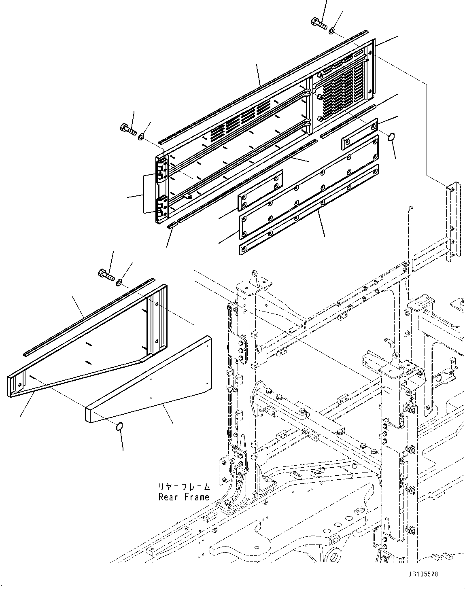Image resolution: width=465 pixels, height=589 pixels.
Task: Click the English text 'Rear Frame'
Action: (x=184, y=497)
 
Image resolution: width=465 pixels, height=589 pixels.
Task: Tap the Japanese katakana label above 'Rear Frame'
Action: (x=184, y=487)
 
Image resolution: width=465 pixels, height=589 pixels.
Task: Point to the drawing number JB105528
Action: (x=423, y=574)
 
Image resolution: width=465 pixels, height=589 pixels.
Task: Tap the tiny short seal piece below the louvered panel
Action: (x=172, y=225)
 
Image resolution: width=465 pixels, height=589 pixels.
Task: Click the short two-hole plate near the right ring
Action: (x=359, y=133)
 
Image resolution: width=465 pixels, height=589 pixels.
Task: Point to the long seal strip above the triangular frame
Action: (x=89, y=316)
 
